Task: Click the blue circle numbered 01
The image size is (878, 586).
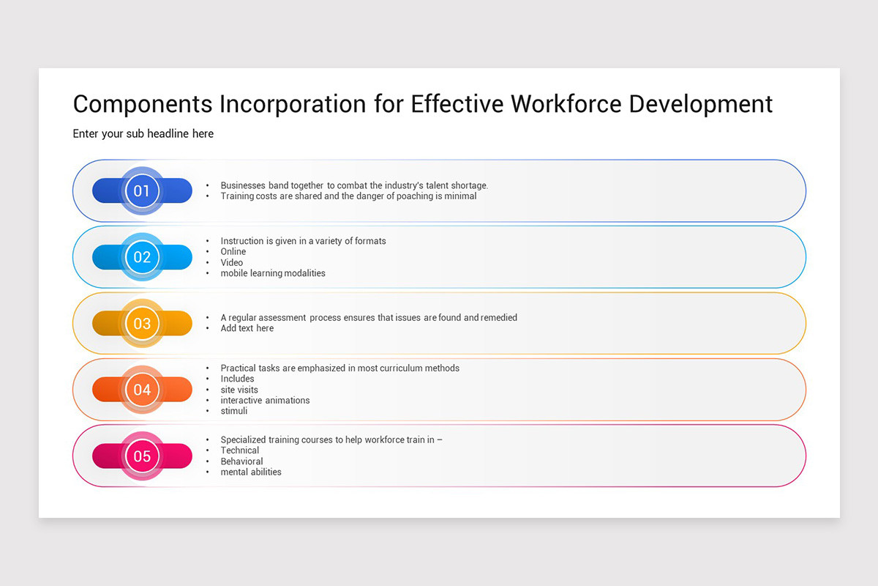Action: click(x=142, y=191)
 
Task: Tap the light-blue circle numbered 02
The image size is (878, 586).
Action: click(x=142, y=257)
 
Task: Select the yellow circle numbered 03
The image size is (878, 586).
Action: click(x=142, y=323)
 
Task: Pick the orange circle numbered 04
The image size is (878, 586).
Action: click(x=142, y=390)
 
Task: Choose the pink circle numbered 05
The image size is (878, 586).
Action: click(x=142, y=456)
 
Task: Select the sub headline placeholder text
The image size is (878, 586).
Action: click(x=143, y=133)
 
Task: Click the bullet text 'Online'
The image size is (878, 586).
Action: click(x=233, y=252)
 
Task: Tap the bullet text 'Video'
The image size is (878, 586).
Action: click(x=232, y=262)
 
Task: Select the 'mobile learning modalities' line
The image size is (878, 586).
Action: click(x=273, y=273)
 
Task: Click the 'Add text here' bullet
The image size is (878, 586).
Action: click(x=247, y=328)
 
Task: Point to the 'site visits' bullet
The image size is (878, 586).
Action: click(x=239, y=390)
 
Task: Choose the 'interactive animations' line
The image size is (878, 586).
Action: click(x=265, y=401)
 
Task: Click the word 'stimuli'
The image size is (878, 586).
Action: click(x=234, y=411)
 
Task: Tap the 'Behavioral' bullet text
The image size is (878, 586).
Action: click(x=241, y=461)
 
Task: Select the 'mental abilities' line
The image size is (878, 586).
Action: click(x=251, y=472)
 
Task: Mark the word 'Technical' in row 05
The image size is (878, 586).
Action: click(x=240, y=450)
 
